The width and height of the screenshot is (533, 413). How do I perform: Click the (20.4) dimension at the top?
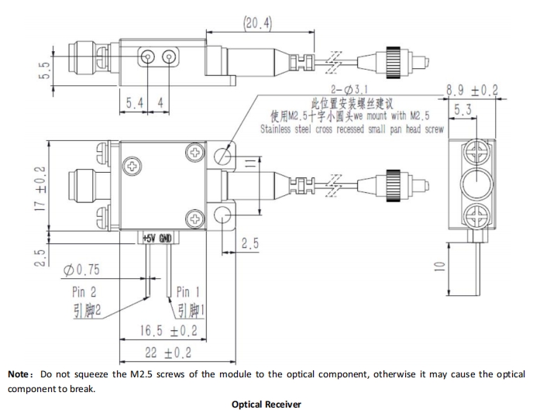tap(259, 23)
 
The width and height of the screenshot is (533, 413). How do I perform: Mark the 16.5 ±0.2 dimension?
tap(168, 331)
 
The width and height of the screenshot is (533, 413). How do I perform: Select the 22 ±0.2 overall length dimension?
tap(168, 354)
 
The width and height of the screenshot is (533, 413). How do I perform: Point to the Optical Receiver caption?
tap(266, 404)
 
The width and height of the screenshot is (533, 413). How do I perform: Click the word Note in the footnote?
tap(20, 374)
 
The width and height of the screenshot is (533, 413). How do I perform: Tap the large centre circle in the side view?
tap(476, 185)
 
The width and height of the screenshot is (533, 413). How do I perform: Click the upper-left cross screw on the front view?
tap(133, 165)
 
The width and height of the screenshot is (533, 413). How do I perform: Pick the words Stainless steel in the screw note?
tap(287, 129)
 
